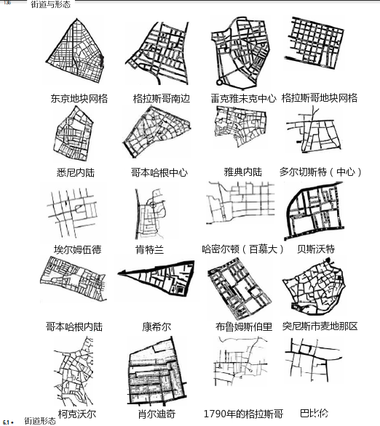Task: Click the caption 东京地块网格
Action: coord(79,98)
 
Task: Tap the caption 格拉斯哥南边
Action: coord(162,98)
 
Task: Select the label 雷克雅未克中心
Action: coord(243,98)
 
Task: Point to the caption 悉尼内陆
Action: coord(76,172)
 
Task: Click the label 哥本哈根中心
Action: coord(159,172)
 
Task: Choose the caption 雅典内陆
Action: coord(243,172)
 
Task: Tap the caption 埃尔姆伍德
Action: coord(77,249)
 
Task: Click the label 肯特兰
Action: coord(150,249)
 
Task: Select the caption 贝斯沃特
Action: coord(316,249)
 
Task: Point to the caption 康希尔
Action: coord(157,326)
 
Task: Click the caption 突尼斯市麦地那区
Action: coord(320,326)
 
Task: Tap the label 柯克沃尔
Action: coord(77,414)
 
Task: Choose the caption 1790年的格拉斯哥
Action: coord(243,414)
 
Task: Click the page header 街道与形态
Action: coord(51,4)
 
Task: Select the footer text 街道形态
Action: coord(40,421)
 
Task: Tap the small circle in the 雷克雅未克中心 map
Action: coord(219,81)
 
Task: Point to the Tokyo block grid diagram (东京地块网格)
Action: coord(75,52)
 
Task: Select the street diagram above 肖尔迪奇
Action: coord(157,371)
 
